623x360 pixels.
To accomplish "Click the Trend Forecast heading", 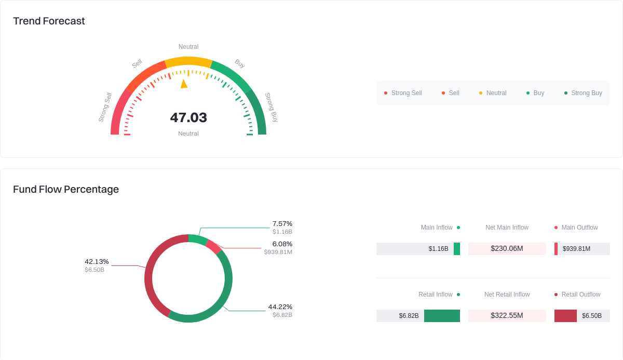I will click(49, 21).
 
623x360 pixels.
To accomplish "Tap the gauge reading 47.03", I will click(188, 118).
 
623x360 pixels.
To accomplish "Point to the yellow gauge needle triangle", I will click(184, 84).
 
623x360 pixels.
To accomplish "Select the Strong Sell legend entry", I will click(403, 93).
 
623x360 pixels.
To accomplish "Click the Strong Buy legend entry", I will click(583, 93).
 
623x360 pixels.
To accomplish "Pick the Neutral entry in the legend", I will click(493, 93).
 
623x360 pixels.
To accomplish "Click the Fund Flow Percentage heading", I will click(66, 189).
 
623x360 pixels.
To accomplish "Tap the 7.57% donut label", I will click(282, 224).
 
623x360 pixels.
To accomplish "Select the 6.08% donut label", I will click(282, 244).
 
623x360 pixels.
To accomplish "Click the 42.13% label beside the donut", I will click(97, 262).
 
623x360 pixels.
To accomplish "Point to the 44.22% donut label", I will click(280, 307).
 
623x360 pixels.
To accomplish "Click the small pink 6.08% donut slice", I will click(213, 246).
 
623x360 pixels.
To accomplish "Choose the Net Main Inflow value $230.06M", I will click(507, 249).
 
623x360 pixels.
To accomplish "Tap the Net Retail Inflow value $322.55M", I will click(507, 316).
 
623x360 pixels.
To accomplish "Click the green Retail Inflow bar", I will click(442, 316).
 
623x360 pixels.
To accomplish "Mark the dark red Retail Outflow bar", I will click(565, 316).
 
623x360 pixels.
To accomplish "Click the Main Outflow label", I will click(579, 228).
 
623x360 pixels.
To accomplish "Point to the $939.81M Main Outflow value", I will click(576, 249).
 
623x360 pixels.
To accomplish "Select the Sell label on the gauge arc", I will click(137, 64).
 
